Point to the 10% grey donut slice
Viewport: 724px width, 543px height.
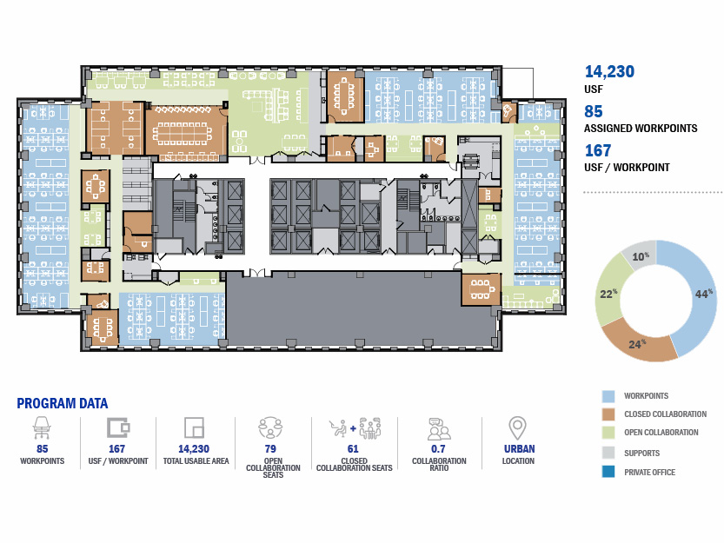tap(640, 255)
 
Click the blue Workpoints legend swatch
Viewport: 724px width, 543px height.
tap(608, 396)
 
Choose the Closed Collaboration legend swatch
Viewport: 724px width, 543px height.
tap(608, 414)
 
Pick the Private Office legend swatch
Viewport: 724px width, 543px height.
tap(608, 472)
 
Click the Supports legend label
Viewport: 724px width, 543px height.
tap(641, 453)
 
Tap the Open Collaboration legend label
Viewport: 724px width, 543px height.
tap(661, 433)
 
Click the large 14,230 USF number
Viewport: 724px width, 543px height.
tap(609, 71)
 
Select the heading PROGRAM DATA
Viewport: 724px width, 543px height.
tap(63, 403)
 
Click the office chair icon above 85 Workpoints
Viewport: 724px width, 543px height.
tap(42, 427)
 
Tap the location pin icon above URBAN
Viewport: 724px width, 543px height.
tap(518, 428)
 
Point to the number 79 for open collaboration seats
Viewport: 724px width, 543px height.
tap(270, 449)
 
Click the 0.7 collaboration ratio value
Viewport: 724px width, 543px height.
tap(438, 449)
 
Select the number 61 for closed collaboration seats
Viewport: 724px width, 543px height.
tap(353, 449)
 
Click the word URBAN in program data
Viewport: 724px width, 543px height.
tap(520, 449)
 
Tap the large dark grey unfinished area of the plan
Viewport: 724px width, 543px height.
tap(362, 308)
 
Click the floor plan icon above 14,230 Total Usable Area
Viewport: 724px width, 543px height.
tap(194, 427)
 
